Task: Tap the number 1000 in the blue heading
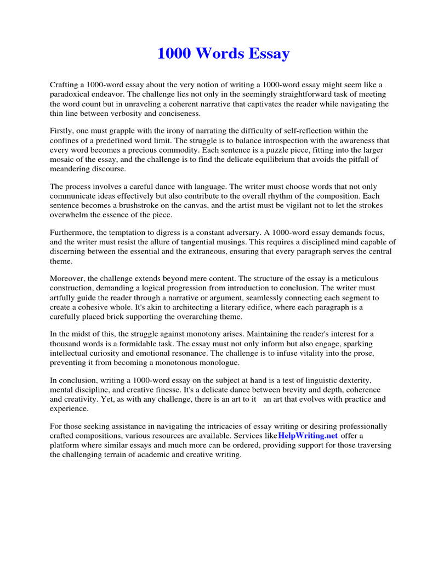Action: [x=175, y=54]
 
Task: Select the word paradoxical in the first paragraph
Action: [x=70, y=94]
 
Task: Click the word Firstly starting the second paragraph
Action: [x=61, y=131]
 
